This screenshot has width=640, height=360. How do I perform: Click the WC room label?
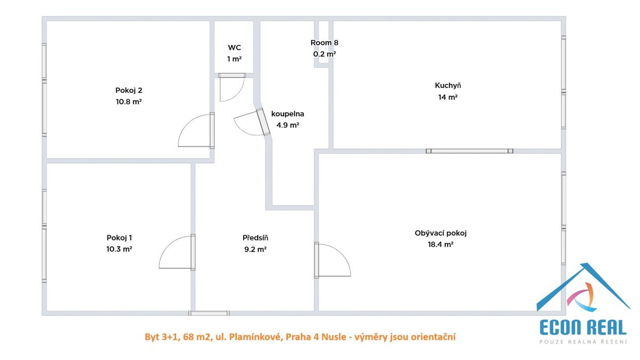click(234, 47)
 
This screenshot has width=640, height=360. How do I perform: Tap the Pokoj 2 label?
click(129, 90)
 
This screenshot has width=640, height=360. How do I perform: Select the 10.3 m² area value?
click(119, 249)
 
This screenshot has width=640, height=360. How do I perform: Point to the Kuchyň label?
click(447, 85)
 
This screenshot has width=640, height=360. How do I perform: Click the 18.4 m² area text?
click(441, 245)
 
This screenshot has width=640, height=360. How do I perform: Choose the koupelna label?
click(287, 114)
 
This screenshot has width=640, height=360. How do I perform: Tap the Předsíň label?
click(255, 238)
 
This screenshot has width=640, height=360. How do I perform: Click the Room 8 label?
click(324, 43)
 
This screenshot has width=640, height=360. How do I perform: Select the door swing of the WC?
click(231, 87)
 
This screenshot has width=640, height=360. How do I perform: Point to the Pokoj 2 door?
click(196, 130)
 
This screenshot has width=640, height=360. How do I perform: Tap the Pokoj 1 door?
click(177, 252)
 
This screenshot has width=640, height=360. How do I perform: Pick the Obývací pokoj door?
click(333, 260)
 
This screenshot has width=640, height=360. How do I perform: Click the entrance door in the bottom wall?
click(209, 313)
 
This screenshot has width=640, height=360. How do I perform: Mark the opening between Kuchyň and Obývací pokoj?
click(469, 151)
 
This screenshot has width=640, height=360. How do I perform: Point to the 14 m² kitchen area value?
click(447, 97)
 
